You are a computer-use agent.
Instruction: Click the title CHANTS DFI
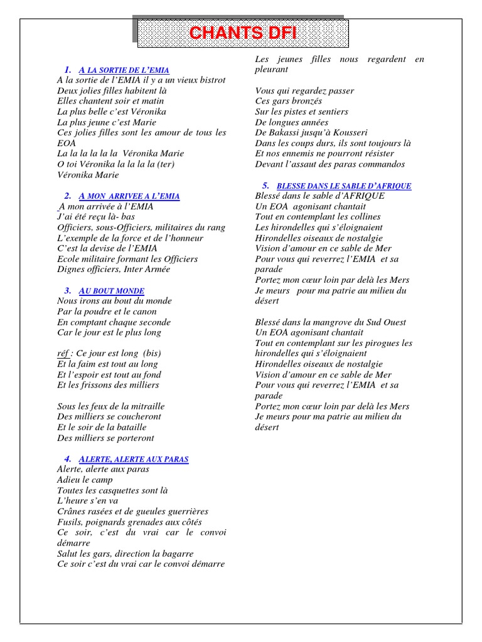[x=242, y=33]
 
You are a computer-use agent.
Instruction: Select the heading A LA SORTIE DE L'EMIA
[x=124, y=70]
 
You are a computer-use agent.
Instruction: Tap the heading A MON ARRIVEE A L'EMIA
[x=129, y=196]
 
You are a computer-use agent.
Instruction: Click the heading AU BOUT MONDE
[x=112, y=291]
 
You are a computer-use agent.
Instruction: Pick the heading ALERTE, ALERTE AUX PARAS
[x=134, y=459]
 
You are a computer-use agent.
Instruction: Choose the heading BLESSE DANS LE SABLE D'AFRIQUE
[x=344, y=186]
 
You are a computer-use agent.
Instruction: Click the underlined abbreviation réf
[x=63, y=354]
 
